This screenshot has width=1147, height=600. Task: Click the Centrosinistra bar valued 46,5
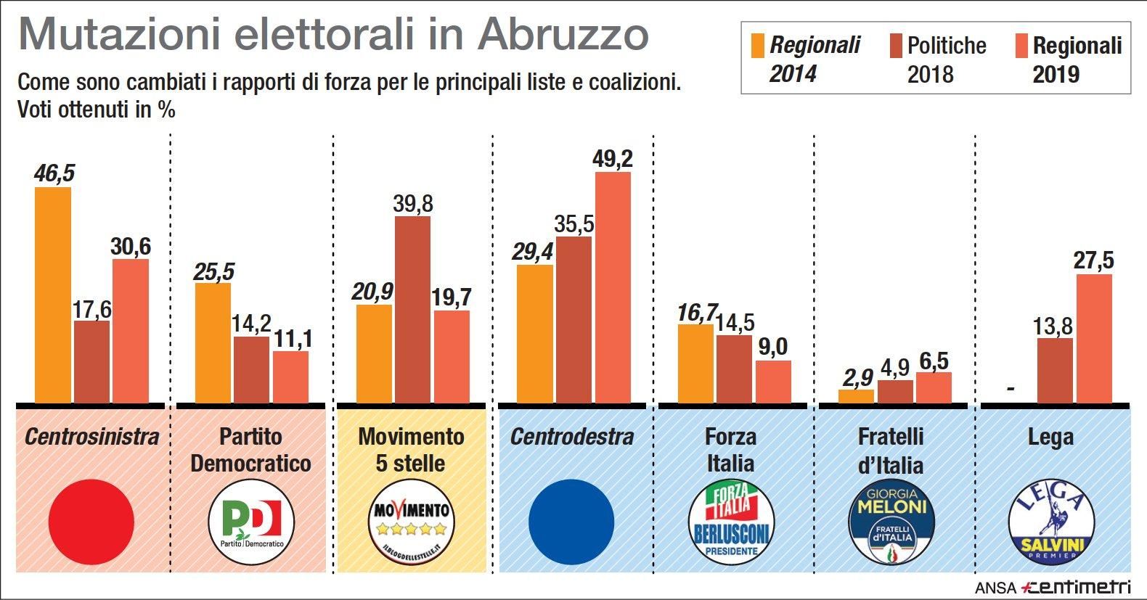tap(53, 295)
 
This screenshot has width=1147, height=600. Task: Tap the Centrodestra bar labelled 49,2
tap(613, 287)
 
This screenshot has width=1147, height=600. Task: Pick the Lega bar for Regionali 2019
tap(1094, 338)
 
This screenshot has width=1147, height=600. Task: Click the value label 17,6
tap(91, 309)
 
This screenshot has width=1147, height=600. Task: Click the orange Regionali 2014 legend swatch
tap(756, 45)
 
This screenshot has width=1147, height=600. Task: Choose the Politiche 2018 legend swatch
tap(895, 45)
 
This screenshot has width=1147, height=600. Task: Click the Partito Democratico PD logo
tap(251, 521)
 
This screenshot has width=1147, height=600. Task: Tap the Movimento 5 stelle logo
tap(412, 521)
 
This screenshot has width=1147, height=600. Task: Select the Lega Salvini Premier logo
tap(1051, 521)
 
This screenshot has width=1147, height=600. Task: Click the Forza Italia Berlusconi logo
tap(731, 521)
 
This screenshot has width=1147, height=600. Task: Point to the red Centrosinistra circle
tap(91, 521)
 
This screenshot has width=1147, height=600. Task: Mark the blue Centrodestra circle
tap(571, 521)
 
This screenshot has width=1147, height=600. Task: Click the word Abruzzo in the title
tap(563, 35)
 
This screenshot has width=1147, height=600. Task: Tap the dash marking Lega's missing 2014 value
tap(1011, 390)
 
